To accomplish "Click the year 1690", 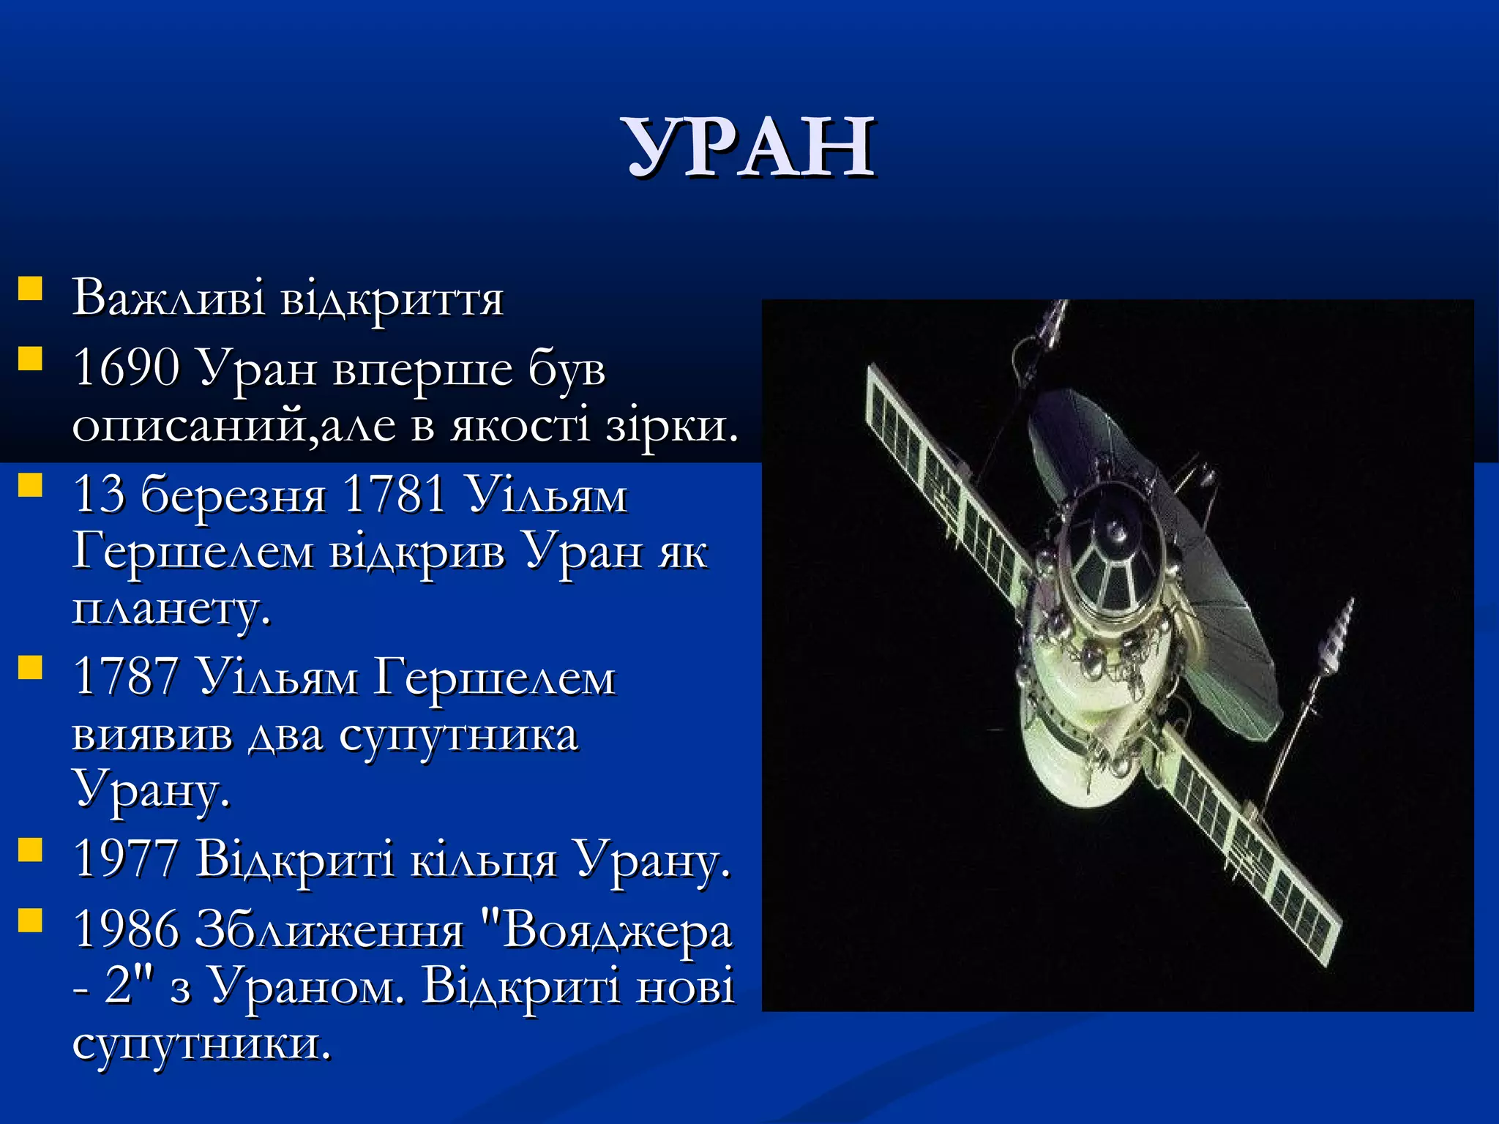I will tap(126, 367).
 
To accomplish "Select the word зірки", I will tap(671, 424).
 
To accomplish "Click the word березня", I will tap(233, 495).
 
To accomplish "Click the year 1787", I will tap(126, 676).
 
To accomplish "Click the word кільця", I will tap(483, 859).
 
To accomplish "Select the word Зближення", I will tap(330, 931).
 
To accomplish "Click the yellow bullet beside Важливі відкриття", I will tap(30, 288).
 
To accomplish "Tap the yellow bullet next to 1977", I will tap(30, 850).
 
